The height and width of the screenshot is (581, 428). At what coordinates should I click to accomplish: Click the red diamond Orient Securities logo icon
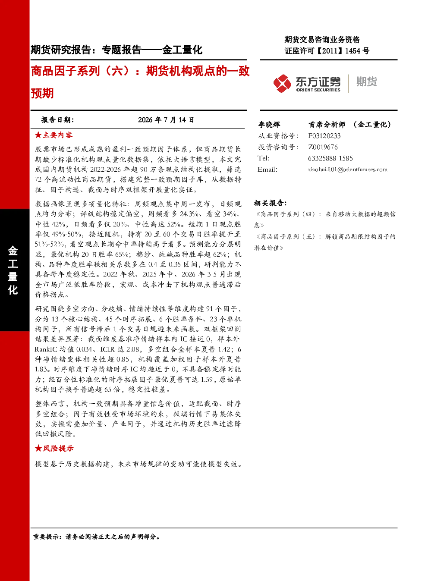coord(282,83)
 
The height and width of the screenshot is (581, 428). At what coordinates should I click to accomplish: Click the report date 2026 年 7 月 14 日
coord(166,120)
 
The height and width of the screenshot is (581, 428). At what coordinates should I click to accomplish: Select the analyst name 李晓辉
coord(269,125)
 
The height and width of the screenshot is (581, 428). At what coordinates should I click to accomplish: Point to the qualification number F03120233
coord(324,136)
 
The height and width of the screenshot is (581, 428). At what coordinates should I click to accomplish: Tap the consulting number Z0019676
coord(323,147)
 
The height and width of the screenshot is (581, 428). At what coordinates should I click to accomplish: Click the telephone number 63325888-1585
coord(330,158)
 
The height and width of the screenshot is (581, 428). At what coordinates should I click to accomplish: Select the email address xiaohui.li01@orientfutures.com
coord(348,170)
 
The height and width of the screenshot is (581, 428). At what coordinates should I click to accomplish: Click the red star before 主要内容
coord(38,135)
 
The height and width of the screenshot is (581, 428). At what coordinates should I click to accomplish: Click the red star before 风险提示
coord(38,448)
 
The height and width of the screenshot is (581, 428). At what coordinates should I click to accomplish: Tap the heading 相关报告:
coord(270,203)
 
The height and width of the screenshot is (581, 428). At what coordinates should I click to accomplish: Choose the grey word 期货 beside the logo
coord(367,82)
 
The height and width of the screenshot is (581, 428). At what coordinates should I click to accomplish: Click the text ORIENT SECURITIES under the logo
coord(318,90)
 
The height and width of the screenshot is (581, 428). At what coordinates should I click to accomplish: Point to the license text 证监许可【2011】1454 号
coord(327,50)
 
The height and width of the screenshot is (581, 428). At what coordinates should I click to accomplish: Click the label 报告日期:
coord(57,120)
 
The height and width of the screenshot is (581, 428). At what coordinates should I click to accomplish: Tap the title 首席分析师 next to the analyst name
coord(327,125)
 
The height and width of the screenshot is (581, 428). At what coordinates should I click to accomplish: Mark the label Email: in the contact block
coord(267,170)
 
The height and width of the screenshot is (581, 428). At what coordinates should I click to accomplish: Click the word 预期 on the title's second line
coord(42,93)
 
